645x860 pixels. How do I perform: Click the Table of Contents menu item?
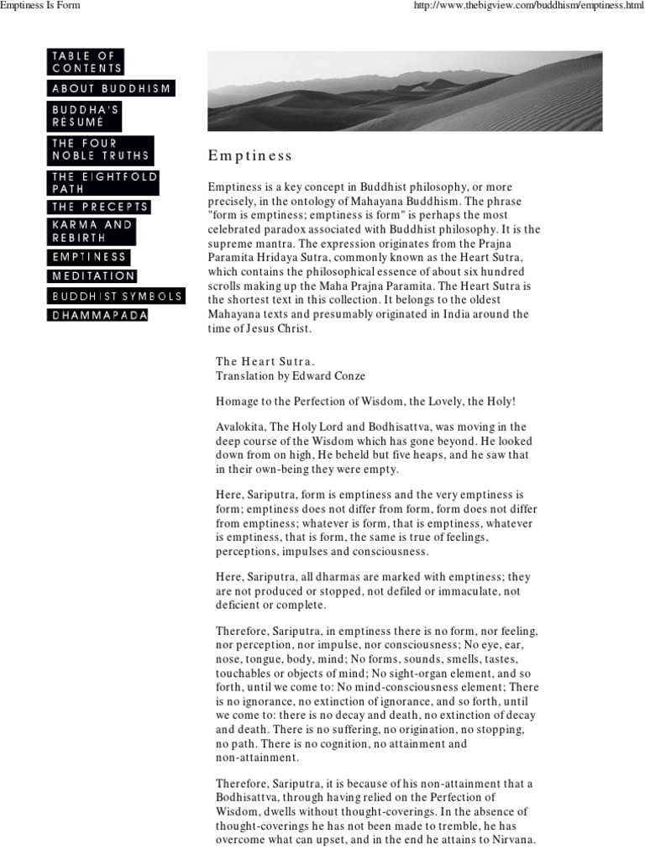click(x=86, y=61)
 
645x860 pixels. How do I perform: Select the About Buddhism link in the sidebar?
click(x=111, y=88)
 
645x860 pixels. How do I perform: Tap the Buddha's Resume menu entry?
click(x=85, y=116)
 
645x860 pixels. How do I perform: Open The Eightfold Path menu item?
click(x=103, y=183)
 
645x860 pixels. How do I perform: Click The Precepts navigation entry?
click(x=99, y=207)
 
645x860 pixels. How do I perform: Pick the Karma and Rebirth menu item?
click(x=92, y=232)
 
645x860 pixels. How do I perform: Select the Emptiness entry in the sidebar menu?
click(x=88, y=257)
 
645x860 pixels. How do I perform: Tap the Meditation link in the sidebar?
click(x=92, y=275)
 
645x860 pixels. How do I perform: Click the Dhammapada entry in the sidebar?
click(x=99, y=315)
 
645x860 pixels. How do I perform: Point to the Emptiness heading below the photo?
click(x=250, y=156)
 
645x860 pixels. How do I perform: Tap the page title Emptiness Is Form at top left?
click(x=42, y=8)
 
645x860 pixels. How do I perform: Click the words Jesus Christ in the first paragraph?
click(x=284, y=328)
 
